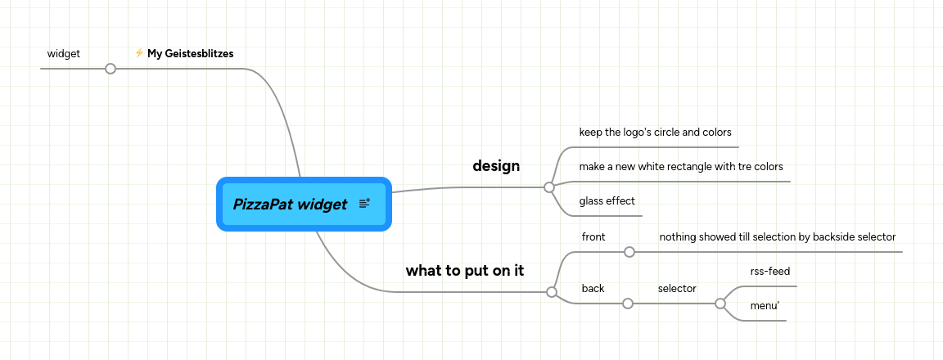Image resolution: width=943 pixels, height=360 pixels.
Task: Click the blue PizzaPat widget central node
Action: point(291,205)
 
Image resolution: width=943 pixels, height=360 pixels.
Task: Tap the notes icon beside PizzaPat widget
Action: point(365,203)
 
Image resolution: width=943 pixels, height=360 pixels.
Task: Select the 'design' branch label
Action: point(496,165)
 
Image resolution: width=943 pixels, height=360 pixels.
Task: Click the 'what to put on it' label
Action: point(465,270)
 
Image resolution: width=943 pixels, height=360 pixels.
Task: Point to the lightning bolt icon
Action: point(139,53)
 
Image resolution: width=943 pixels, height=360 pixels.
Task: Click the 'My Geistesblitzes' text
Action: point(191,53)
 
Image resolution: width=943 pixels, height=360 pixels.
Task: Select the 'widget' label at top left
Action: point(64,53)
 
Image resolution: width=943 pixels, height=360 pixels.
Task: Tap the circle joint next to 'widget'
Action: point(111,69)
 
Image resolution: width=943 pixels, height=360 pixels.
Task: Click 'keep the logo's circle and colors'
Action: point(655,132)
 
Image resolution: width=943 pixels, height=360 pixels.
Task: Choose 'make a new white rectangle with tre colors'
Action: point(681,166)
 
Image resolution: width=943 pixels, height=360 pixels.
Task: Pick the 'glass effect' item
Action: point(607,200)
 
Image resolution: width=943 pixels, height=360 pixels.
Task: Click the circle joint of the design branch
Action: point(549,187)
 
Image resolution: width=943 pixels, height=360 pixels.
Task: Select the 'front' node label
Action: point(593,236)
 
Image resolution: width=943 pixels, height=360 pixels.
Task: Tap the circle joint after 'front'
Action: point(629,252)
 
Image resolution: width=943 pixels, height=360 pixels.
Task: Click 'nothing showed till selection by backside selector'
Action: point(778,236)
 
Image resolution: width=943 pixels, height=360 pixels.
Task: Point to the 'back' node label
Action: point(593,288)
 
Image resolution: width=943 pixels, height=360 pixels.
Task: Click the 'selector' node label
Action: point(677,288)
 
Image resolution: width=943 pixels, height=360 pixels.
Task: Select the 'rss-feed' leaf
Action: point(770,271)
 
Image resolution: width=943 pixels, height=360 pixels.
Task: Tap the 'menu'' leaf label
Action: point(765,306)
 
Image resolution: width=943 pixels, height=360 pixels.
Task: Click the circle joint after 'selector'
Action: point(720,304)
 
